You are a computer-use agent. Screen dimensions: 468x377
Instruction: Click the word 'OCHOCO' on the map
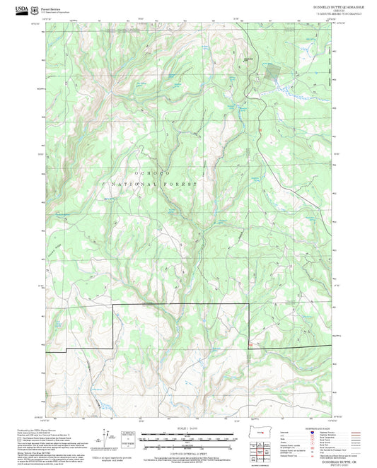point(146,173)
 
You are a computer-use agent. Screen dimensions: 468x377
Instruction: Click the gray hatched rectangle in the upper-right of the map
point(272,70)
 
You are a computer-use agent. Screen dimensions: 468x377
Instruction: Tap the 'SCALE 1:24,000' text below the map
point(188,428)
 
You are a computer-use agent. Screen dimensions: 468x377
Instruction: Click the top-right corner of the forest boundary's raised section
point(248,304)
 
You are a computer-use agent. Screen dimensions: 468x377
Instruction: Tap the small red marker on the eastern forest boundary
point(250,344)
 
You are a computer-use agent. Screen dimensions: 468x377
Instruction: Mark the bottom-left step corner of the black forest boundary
point(66,351)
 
